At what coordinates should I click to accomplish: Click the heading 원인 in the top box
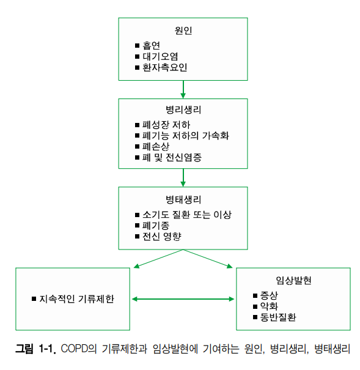(x=183, y=31)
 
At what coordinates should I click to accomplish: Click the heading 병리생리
(x=183, y=111)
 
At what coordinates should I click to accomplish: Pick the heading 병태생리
(x=183, y=200)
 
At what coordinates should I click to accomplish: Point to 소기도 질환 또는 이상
(x=186, y=215)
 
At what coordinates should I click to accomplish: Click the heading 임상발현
(x=293, y=281)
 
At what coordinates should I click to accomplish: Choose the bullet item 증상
(x=269, y=295)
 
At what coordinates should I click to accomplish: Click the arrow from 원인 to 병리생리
(x=183, y=89)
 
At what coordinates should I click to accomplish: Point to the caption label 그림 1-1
(x=35, y=350)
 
